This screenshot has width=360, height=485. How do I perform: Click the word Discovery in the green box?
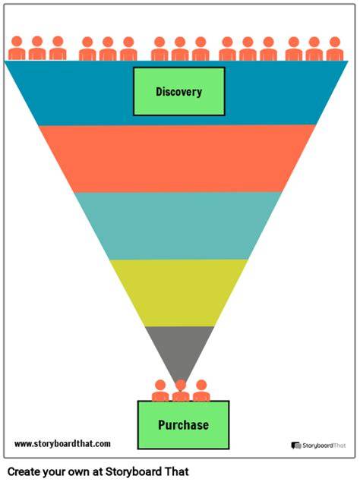(179, 92)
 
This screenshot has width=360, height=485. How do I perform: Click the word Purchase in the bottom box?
(183, 425)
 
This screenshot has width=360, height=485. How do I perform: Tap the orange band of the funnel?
(177, 159)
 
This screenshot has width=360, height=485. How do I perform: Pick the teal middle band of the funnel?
(178, 225)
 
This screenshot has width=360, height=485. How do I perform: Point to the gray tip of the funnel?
(180, 350)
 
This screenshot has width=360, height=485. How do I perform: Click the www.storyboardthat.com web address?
(62, 444)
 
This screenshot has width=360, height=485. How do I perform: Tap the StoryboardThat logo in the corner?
(318, 446)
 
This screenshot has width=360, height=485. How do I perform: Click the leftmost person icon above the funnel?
(17, 49)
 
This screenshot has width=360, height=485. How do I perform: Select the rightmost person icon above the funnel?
(335, 49)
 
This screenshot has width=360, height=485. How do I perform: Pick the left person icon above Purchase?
(160, 391)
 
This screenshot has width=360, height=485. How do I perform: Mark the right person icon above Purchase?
(201, 391)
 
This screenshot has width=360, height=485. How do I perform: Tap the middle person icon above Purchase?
(181, 391)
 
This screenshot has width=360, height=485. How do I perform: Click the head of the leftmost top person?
(17, 41)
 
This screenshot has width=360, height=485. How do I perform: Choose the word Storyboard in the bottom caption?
(134, 472)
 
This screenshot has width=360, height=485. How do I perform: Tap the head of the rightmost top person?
(335, 42)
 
